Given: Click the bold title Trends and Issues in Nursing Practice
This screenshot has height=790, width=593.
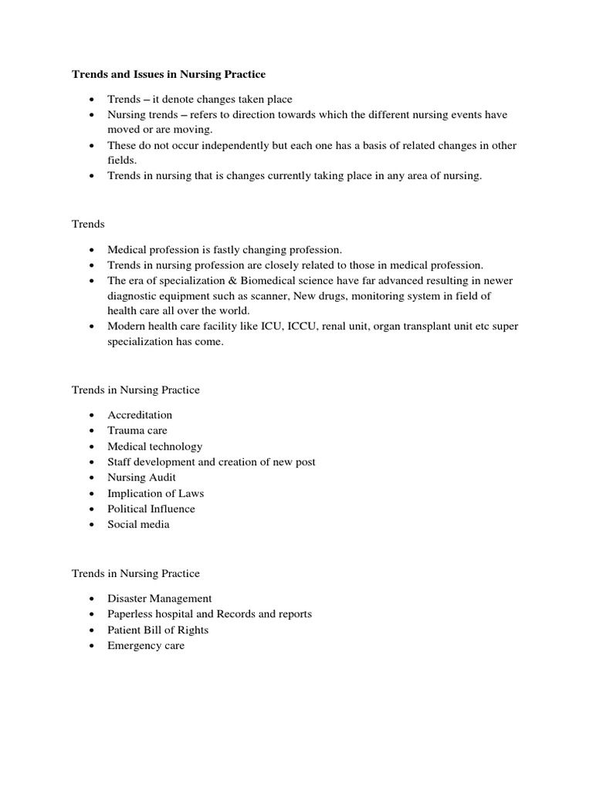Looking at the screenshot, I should pos(168,75).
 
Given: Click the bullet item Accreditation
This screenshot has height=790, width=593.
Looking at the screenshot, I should pos(140,415).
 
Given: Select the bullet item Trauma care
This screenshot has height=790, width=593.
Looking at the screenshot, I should pos(137,430).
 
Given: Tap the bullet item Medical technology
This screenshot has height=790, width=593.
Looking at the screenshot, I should pos(154,446).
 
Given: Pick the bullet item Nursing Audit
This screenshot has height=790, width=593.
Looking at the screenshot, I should pos(141,478).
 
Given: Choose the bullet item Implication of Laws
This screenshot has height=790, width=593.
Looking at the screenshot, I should pos(155,493).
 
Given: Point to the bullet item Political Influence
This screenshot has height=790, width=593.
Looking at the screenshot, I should pos(151,508).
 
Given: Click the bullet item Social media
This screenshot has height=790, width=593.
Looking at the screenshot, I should pos(138,525).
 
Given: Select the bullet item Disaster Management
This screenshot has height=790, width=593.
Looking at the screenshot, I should pos(159,599).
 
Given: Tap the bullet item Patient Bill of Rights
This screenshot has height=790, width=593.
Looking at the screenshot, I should pos(158,630).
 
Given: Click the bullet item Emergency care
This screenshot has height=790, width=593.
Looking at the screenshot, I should pos(146,646).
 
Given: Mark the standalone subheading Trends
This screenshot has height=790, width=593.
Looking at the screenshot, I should pos(88,224).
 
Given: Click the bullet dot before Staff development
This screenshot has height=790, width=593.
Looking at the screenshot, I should pos(92,462).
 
